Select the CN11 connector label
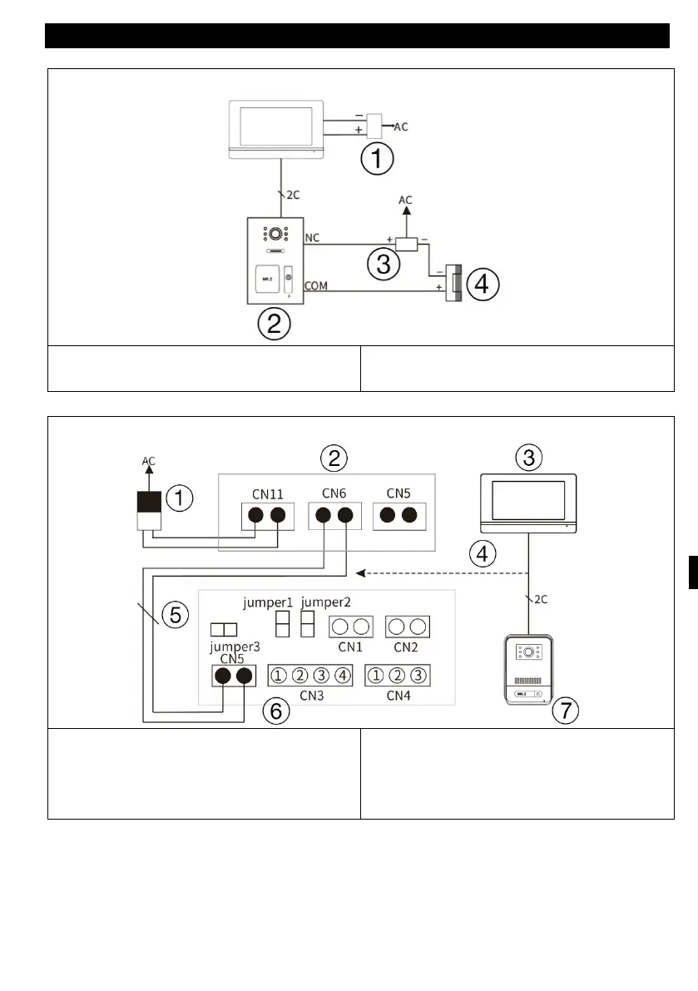[x=265, y=493]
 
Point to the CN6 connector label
[x=334, y=493]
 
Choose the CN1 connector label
[x=350, y=646]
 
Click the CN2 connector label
[x=406, y=646]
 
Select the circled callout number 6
[x=276, y=710]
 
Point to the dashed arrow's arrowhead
[x=359, y=572]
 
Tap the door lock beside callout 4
[x=453, y=284]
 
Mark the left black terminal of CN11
[x=255, y=515]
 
